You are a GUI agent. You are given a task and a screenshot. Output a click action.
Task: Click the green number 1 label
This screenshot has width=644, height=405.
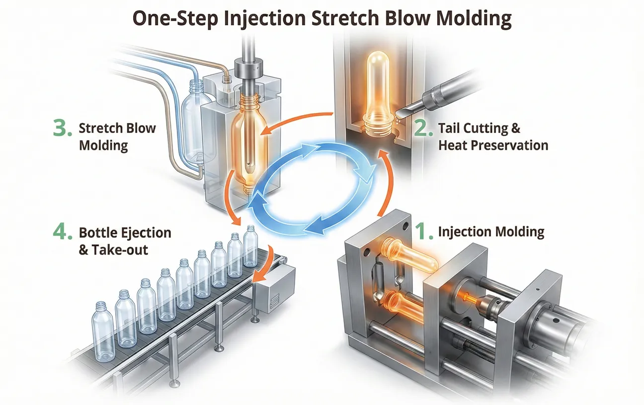[424, 232]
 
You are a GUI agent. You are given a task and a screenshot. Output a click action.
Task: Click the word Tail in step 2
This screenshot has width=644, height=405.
[450, 129]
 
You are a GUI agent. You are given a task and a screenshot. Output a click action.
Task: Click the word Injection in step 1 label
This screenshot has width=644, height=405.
[462, 231]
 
